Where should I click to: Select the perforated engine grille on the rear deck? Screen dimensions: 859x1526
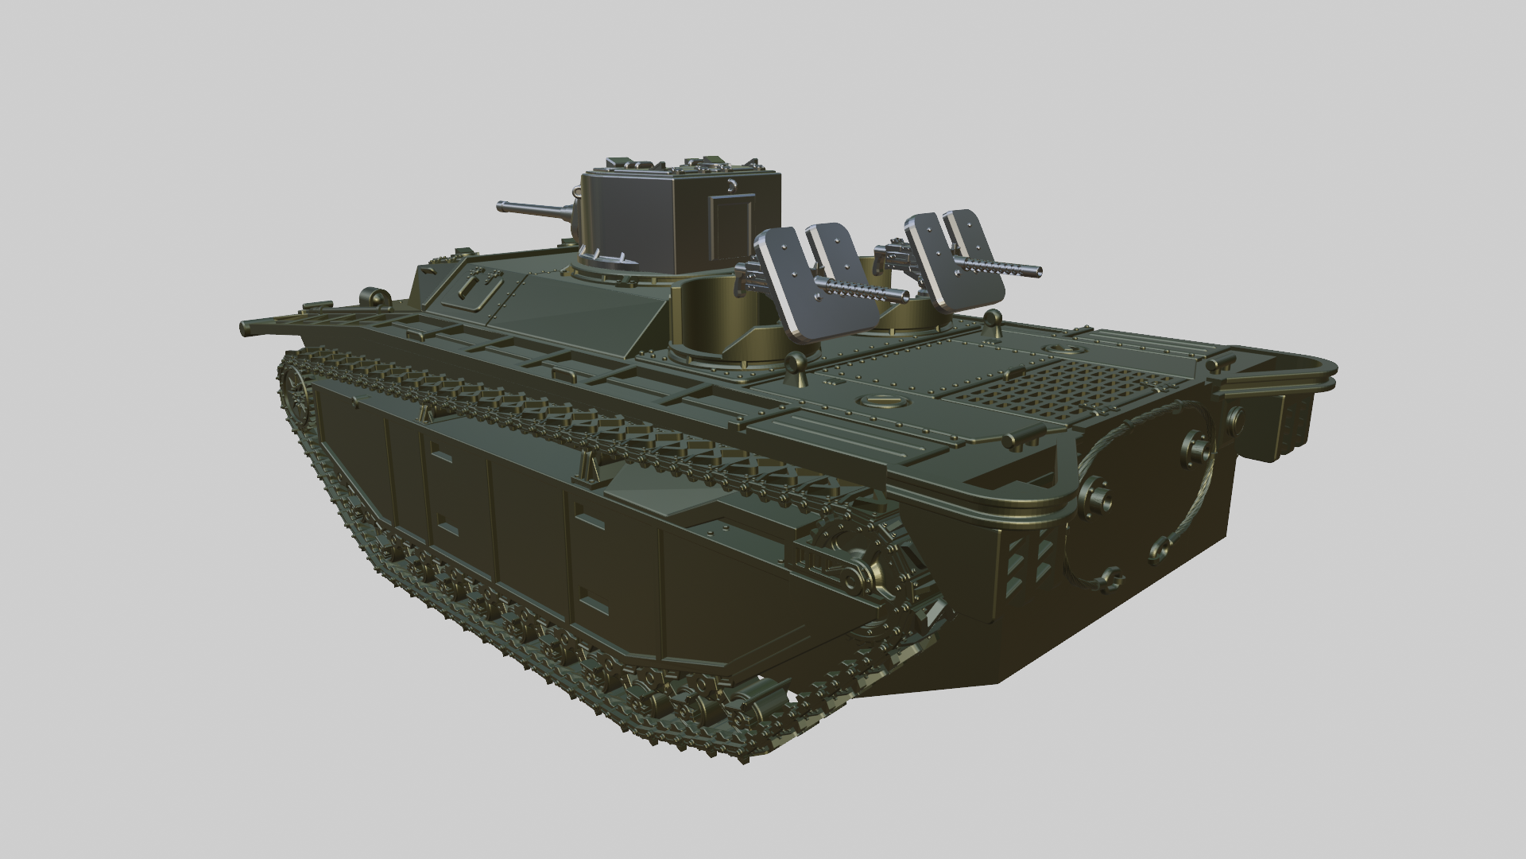click(x=1057, y=383)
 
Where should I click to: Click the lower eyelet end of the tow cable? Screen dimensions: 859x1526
click(x=1160, y=548)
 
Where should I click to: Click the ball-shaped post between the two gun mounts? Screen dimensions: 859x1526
click(x=794, y=364)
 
